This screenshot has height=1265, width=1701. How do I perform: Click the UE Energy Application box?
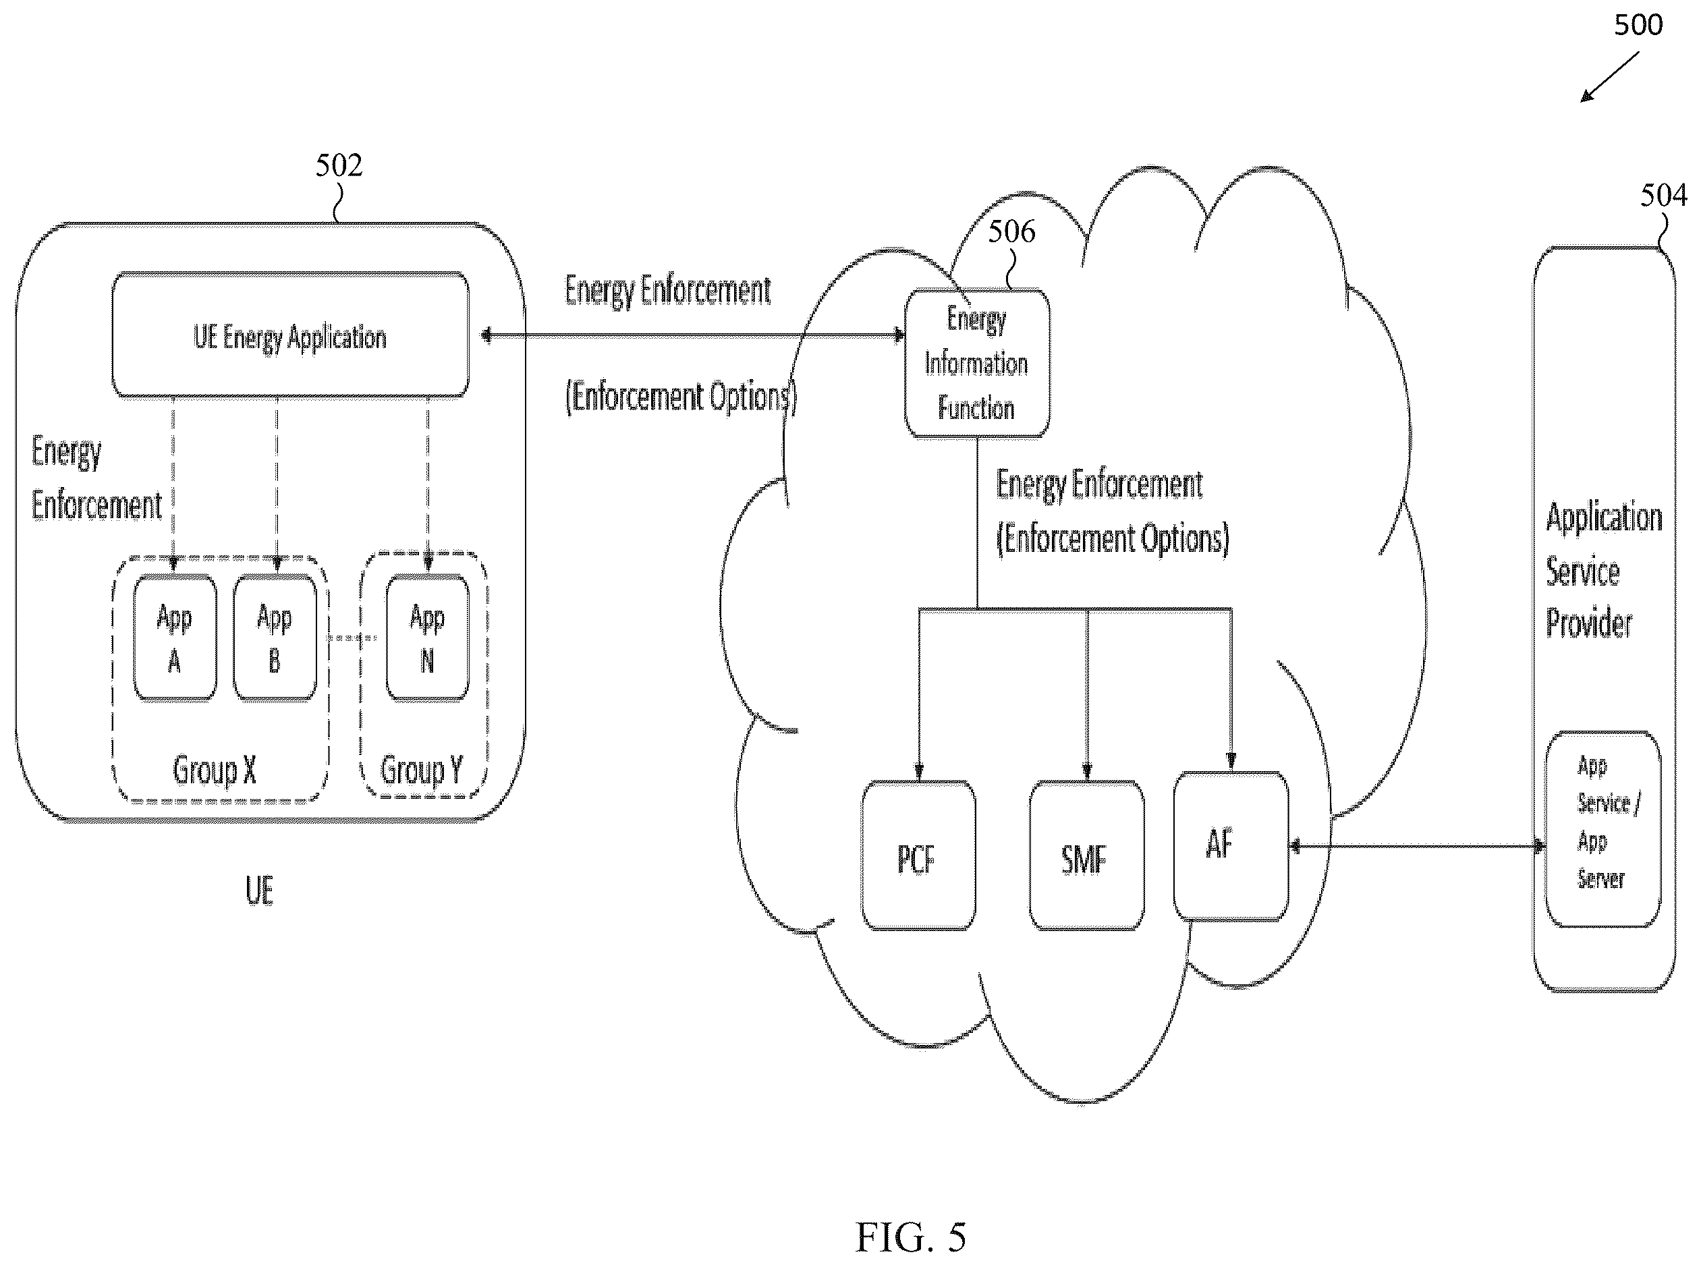tap(290, 335)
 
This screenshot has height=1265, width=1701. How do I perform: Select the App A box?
tap(175, 637)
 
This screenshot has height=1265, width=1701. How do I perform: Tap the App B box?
tap(274, 637)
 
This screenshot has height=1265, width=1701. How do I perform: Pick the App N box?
tap(427, 637)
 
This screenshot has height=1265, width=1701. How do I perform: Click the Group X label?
tap(215, 770)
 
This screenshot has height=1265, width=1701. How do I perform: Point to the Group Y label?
tap(422, 770)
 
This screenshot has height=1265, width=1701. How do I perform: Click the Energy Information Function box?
tap(977, 364)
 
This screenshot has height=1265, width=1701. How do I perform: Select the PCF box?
tap(918, 855)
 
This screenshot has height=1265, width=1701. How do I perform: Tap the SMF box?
tap(1086, 855)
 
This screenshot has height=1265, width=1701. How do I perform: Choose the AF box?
tap(1231, 845)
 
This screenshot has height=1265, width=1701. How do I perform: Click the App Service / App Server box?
tap(1603, 829)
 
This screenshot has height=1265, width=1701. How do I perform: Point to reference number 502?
tap(339, 165)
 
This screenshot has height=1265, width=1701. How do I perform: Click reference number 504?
tap(1663, 195)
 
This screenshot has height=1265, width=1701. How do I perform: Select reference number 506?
tap(1011, 231)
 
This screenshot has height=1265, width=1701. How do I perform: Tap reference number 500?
tap(1638, 25)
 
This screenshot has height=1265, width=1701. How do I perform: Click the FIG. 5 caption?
tap(911, 1237)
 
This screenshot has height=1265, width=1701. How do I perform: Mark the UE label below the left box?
tap(260, 891)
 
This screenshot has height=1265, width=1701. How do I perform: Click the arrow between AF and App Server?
tap(1417, 846)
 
